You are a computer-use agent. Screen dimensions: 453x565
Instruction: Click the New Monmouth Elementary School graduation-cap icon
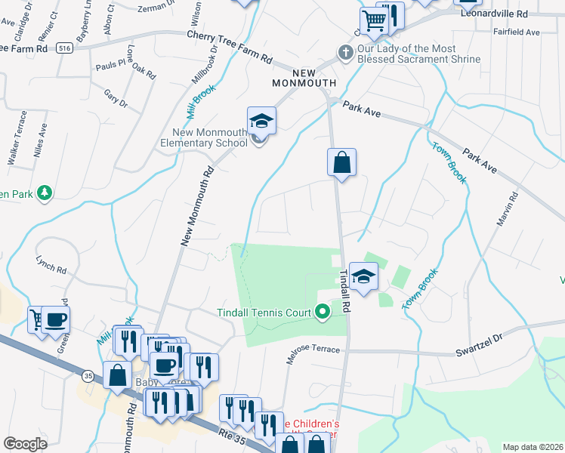pyautogui.click(x=261, y=121)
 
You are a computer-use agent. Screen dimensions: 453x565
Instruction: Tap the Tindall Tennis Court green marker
pyautogui.click(x=323, y=311)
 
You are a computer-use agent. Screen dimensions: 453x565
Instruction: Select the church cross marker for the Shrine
pyautogui.click(x=345, y=53)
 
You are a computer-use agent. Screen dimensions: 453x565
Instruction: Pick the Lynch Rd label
pyautogui.click(x=51, y=264)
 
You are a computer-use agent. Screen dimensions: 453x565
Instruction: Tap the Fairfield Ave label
pyautogui.click(x=516, y=32)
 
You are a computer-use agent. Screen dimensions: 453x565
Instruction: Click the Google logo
pyautogui.click(x=25, y=444)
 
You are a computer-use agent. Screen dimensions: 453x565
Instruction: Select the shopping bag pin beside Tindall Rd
pyautogui.click(x=341, y=162)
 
